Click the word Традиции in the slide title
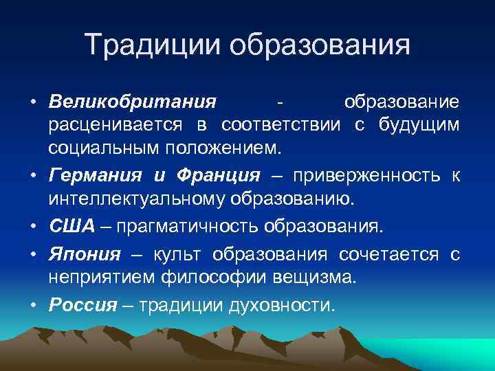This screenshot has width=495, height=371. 153,46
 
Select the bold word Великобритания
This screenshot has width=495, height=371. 132,102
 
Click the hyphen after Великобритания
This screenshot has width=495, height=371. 279,102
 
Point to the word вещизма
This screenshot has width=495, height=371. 311,278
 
